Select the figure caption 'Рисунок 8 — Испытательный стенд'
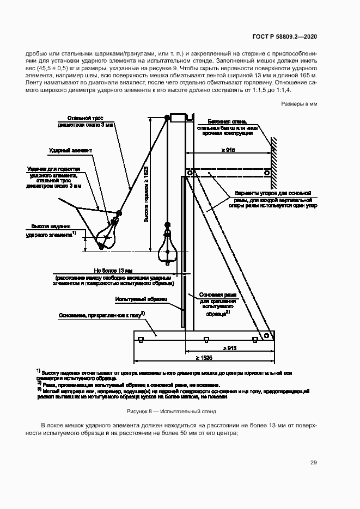click(172, 412)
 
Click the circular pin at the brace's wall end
click(267, 173)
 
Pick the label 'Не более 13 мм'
click(114, 270)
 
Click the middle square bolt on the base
click(206, 340)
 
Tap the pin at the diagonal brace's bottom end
click(266, 336)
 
